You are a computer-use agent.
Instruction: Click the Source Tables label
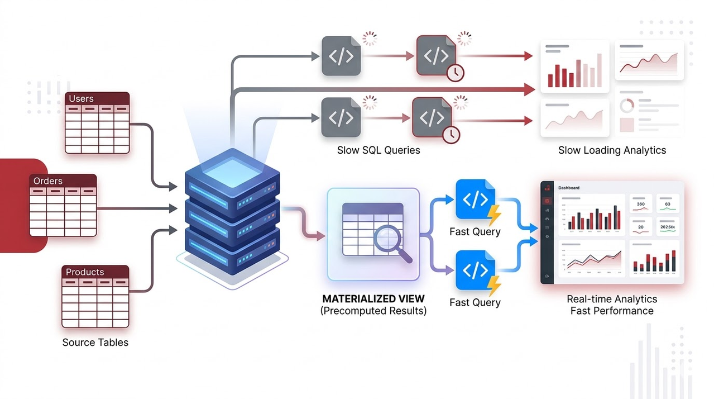pyautogui.click(x=95, y=343)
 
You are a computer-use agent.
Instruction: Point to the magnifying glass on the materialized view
pyautogui.click(x=389, y=240)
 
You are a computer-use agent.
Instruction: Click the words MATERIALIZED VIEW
pyautogui.click(x=373, y=298)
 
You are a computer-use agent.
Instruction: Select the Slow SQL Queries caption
pyautogui.click(x=378, y=150)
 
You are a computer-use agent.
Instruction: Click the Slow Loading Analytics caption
pyautogui.click(x=612, y=150)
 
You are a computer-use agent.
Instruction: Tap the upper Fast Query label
pyautogui.click(x=475, y=231)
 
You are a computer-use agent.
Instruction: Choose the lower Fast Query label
pyautogui.click(x=475, y=302)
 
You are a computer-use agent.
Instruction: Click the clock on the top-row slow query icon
pyautogui.click(x=456, y=73)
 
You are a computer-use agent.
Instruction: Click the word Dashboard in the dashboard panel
pyautogui.click(x=569, y=188)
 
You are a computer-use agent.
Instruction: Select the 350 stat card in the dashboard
pyautogui.click(x=641, y=205)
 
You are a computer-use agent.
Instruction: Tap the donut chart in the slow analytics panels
pyautogui.click(x=627, y=104)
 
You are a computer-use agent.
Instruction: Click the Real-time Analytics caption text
pyautogui.click(x=612, y=299)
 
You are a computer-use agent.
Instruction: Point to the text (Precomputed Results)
pyautogui.click(x=373, y=311)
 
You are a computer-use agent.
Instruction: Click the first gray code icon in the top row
pyautogui.click(x=341, y=56)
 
